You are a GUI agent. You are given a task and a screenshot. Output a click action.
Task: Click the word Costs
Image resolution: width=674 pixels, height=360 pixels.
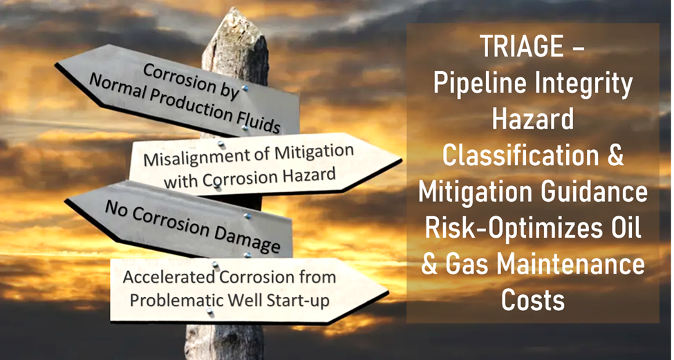pos(532,300)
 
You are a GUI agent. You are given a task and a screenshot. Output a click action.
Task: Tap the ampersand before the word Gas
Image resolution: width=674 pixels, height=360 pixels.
pos(429,265)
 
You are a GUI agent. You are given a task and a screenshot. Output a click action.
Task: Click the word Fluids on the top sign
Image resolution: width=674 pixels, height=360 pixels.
pos(254,120)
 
